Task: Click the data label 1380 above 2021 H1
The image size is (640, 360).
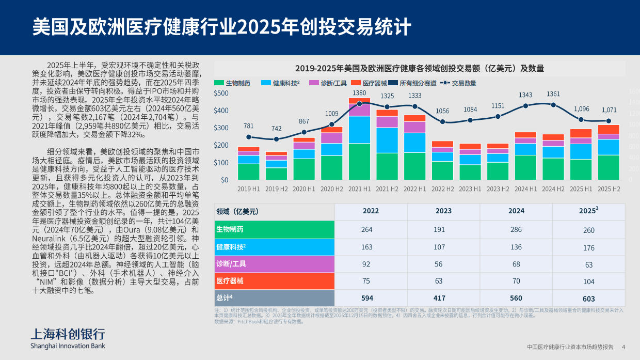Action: pyautogui.click(x=359, y=93)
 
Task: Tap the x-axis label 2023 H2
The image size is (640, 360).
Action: pyautogui.click(x=498, y=189)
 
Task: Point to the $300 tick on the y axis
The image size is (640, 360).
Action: pyautogui.click(x=221, y=128)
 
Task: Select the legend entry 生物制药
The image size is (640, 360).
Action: pyautogui.click(x=232, y=83)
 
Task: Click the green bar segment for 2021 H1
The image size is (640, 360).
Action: pyautogui.click(x=359, y=161)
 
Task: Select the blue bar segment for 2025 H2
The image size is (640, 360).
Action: pyautogui.click(x=609, y=147)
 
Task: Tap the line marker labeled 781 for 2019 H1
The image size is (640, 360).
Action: pyautogui.click(x=249, y=137)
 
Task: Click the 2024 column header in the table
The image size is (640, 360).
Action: pyautogui.click(x=516, y=211)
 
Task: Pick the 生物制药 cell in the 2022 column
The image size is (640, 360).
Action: pyautogui.click(x=367, y=230)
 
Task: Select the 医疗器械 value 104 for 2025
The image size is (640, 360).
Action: pyautogui.click(x=589, y=281)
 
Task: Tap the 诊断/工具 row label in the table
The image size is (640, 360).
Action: pyautogui.click(x=231, y=264)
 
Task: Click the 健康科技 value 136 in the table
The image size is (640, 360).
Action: pyautogui.click(x=516, y=247)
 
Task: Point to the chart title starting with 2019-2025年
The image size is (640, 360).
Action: pyautogui.click(x=419, y=69)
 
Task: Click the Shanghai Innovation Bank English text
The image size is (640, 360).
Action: pyautogui.click(x=68, y=346)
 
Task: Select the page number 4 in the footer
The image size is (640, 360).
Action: pyautogui.click(x=623, y=347)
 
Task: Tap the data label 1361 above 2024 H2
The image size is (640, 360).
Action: pyautogui.click(x=553, y=94)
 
